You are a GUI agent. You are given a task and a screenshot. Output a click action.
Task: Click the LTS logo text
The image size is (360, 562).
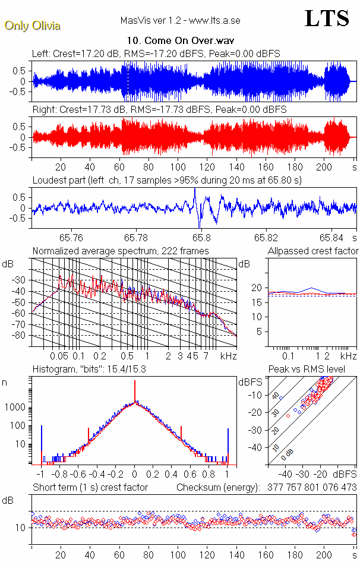(326, 18)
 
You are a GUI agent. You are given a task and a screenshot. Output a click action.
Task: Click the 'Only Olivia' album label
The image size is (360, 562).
(32, 26)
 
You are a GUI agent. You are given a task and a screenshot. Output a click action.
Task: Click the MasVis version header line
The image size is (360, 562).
(180, 21)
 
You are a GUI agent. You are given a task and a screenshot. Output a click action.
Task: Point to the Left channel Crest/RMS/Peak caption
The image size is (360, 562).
(156, 53)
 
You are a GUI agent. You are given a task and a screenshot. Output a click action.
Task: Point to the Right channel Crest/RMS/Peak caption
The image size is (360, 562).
(159, 110)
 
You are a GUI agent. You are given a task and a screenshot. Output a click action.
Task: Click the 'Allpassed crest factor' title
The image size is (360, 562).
(313, 251)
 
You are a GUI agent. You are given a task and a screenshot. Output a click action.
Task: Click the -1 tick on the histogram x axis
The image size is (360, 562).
(40, 475)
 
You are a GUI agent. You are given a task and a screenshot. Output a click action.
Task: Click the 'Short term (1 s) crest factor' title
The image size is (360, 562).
(90, 487)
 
